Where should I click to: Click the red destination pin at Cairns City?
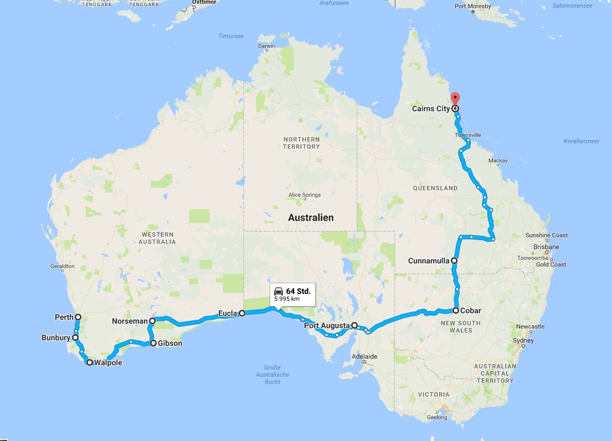click(455, 98)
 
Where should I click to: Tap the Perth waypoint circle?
click(78, 317)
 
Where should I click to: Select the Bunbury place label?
click(55, 338)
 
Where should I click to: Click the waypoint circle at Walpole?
click(89, 363)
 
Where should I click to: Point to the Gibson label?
click(170, 344)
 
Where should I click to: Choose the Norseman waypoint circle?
click(152, 320)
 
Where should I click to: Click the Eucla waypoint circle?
click(242, 313)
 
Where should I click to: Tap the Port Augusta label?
click(327, 325)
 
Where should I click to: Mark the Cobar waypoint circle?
click(456, 310)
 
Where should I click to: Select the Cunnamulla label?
click(428, 261)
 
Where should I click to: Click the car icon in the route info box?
click(279, 291)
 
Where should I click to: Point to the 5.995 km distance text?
click(287, 299)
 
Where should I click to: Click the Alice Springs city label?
click(304, 195)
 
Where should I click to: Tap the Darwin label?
click(266, 46)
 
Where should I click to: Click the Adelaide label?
click(364, 357)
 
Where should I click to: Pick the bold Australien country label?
click(311, 217)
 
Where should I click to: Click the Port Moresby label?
click(472, 7)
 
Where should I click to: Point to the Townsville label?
click(468, 135)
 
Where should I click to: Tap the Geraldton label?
click(62, 266)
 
